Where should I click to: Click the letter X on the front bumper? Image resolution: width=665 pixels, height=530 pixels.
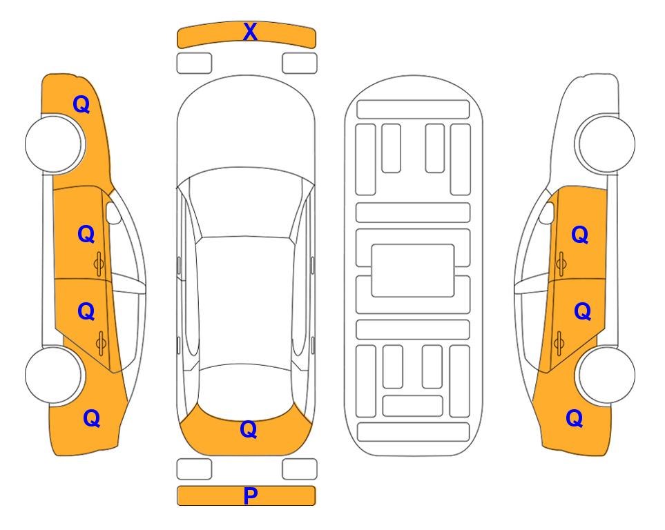(x=250, y=32)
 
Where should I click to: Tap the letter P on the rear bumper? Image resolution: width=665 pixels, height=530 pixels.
(x=250, y=495)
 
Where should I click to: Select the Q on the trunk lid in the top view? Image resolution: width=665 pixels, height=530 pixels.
(x=249, y=429)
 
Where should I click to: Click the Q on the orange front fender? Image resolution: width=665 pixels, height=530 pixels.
(x=81, y=104)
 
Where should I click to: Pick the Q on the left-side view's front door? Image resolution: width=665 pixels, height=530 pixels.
(x=86, y=234)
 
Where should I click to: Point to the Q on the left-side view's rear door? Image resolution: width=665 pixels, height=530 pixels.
(x=86, y=312)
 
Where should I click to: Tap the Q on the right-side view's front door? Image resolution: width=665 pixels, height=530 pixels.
(x=580, y=235)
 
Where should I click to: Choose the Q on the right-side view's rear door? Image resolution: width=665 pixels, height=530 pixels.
(x=582, y=312)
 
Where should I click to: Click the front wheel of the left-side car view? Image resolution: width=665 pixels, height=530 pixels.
(x=55, y=144)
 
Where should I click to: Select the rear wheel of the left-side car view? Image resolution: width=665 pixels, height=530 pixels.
(x=54, y=375)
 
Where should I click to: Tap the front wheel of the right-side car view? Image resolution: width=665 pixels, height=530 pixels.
(x=605, y=144)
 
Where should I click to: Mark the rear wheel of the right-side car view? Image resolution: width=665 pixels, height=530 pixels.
(x=605, y=375)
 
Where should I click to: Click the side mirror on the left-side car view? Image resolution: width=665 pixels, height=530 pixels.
(x=113, y=213)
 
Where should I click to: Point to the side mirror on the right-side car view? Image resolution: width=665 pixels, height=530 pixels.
(x=547, y=213)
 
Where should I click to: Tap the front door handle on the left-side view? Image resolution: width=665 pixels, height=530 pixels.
(x=99, y=264)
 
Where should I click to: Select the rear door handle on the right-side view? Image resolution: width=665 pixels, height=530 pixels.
(x=559, y=343)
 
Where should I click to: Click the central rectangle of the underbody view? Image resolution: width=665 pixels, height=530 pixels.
(x=413, y=271)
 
